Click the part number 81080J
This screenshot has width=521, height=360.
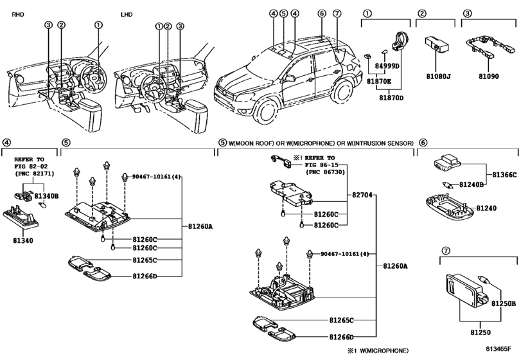[x=439, y=76]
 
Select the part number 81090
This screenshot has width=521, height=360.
[x=488, y=76]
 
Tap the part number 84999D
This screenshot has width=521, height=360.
[x=387, y=66]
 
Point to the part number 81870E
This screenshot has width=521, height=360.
[x=379, y=82]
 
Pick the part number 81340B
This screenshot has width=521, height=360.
[x=46, y=195]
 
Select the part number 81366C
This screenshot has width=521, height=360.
[x=504, y=174]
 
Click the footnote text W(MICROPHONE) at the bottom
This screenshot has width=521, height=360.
[x=383, y=350]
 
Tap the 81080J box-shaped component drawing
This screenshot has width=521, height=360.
[x=437, y=43]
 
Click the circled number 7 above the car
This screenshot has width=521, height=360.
[x=337, y=14]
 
